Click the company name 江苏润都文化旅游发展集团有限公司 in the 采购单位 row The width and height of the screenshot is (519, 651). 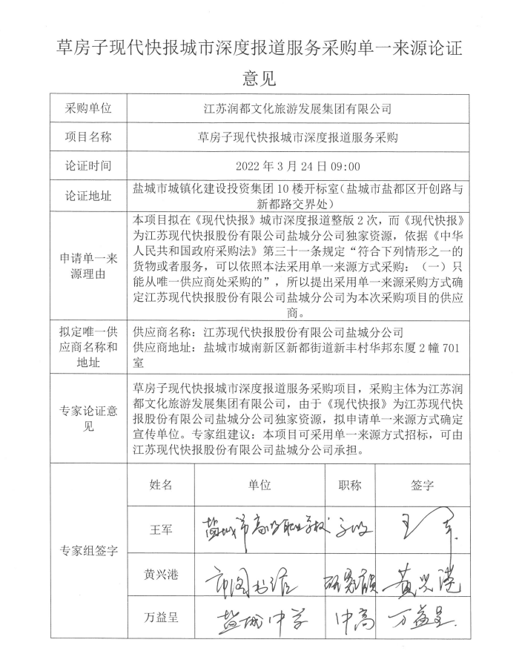(x=297, y=108)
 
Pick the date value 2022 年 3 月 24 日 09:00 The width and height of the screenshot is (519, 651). (x=297, y=166)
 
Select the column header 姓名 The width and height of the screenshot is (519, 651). (x=161, y=485)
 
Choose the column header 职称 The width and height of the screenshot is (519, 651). (x=350, y=485)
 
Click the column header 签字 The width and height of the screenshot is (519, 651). (x=422, y=485)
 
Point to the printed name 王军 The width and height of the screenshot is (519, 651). (x=161, y=530)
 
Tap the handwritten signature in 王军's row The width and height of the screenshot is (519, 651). (x=423, y=527)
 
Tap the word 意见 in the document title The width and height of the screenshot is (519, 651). (x=259, y=77)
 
